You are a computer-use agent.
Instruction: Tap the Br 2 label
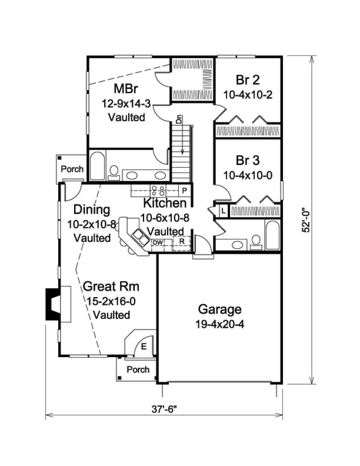point(247,80)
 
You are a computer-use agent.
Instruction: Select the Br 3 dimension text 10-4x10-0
point(248,176)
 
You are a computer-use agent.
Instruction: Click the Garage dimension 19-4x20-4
point(220,324)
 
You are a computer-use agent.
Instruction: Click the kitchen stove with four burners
point(158,191)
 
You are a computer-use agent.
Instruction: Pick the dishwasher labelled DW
point(158,242)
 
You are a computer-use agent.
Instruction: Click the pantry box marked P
point(184,191)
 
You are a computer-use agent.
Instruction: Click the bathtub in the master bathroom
point(97,165)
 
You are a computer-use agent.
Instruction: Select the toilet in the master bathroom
point(114,173)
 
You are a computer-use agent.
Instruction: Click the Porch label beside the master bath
point(72,169)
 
